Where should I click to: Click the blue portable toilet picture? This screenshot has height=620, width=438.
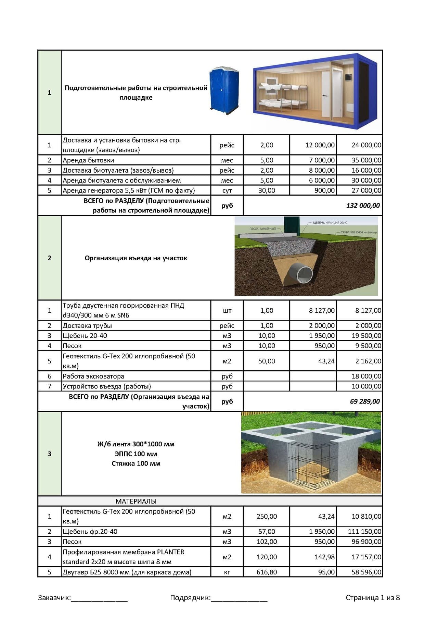pos(224,90)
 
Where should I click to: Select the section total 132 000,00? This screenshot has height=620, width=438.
pos(363,206)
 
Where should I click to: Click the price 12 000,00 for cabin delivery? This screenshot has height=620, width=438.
pos(320,145)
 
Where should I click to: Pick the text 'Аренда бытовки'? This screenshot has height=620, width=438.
pos(88,160)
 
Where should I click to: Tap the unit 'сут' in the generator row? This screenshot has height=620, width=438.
pos(227,190)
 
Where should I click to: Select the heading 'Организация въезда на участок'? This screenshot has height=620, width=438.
pos(136,258)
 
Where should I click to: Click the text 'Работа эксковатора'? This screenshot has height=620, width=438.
pos(93,376)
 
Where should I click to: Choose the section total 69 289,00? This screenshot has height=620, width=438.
pos(364,401)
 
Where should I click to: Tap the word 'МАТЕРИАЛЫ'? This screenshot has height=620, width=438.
pos(136,501)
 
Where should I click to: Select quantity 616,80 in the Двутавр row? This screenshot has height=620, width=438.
pos(267,572)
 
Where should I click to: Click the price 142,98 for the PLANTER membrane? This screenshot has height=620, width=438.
pos(324,557)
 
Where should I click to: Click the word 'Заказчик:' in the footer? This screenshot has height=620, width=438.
pos(54,598)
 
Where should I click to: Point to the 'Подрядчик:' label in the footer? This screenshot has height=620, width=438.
pos(190,598)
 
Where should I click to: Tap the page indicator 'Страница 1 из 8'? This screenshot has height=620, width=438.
pos(373,598)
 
